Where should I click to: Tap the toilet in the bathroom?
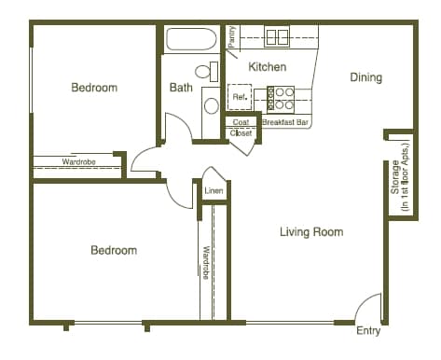coord(204,71)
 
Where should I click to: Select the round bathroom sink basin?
coord(211,104)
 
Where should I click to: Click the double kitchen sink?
coord(277,37)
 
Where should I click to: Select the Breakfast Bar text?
coord(285,122)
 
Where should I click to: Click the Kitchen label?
coord(267,67)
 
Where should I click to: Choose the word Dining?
coord(365,77)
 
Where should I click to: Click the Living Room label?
coord(311,231)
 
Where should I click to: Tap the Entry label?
coord(368,331)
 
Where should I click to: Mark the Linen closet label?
coord(214,191)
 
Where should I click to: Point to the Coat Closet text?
coord(241,128)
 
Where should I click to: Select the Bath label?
coord(181,89)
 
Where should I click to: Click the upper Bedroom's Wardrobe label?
coord(77,162)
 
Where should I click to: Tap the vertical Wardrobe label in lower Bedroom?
coord(206,262)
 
